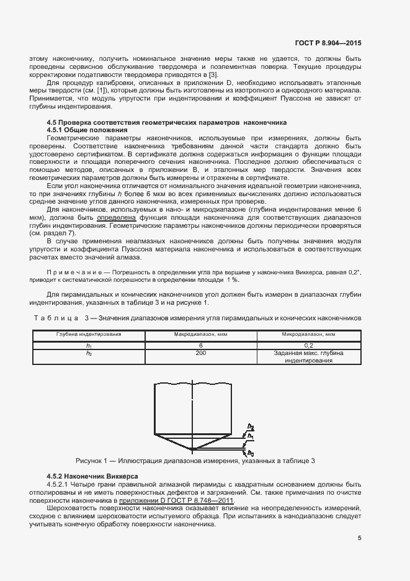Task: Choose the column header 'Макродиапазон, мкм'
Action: tap(200, 334)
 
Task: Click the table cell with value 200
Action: tap(200, 353)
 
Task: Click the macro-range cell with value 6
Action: tap(200, 345)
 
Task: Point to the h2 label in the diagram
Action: tap(250, 427)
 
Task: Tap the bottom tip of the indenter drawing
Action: tap(194, 449)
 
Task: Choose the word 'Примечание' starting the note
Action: tap(73, 273)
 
